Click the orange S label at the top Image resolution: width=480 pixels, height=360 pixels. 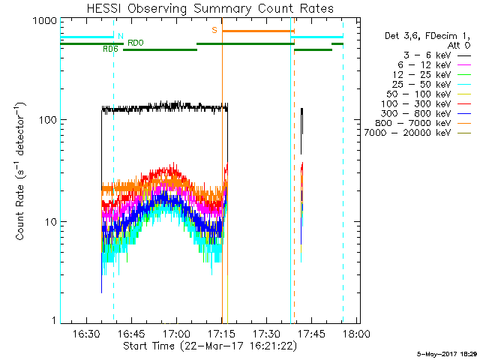(214, 30)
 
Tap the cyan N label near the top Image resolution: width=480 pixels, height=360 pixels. (120, 35)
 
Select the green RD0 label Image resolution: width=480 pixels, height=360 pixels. (136, 43)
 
